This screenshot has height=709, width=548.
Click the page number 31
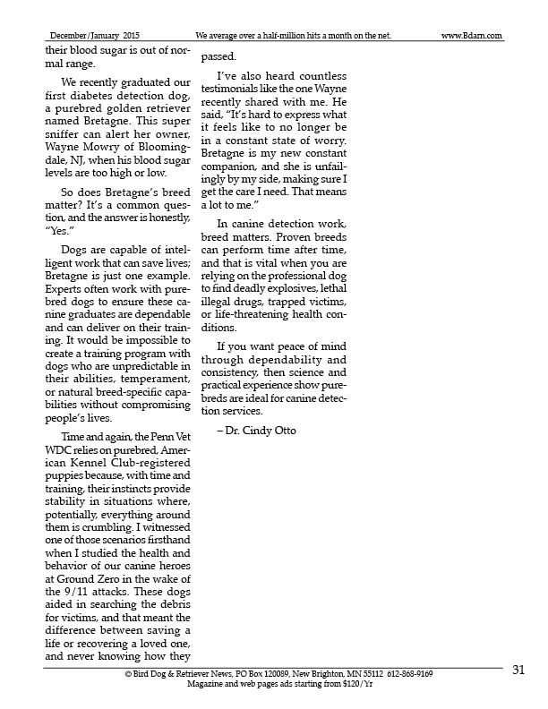518,671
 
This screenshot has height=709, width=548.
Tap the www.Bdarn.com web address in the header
472,36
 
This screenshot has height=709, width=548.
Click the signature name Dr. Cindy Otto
262,431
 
